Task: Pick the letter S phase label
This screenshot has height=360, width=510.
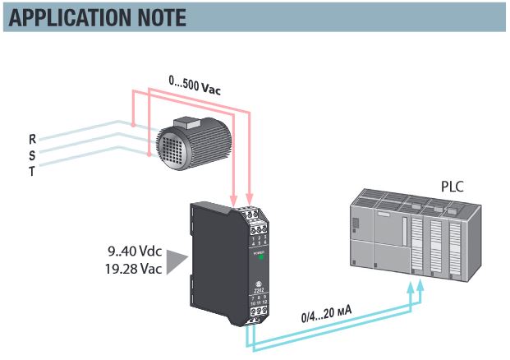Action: tap(31, 155)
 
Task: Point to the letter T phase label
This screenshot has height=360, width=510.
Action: tap(31, 171)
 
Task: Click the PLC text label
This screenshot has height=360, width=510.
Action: tap(452, 187)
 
